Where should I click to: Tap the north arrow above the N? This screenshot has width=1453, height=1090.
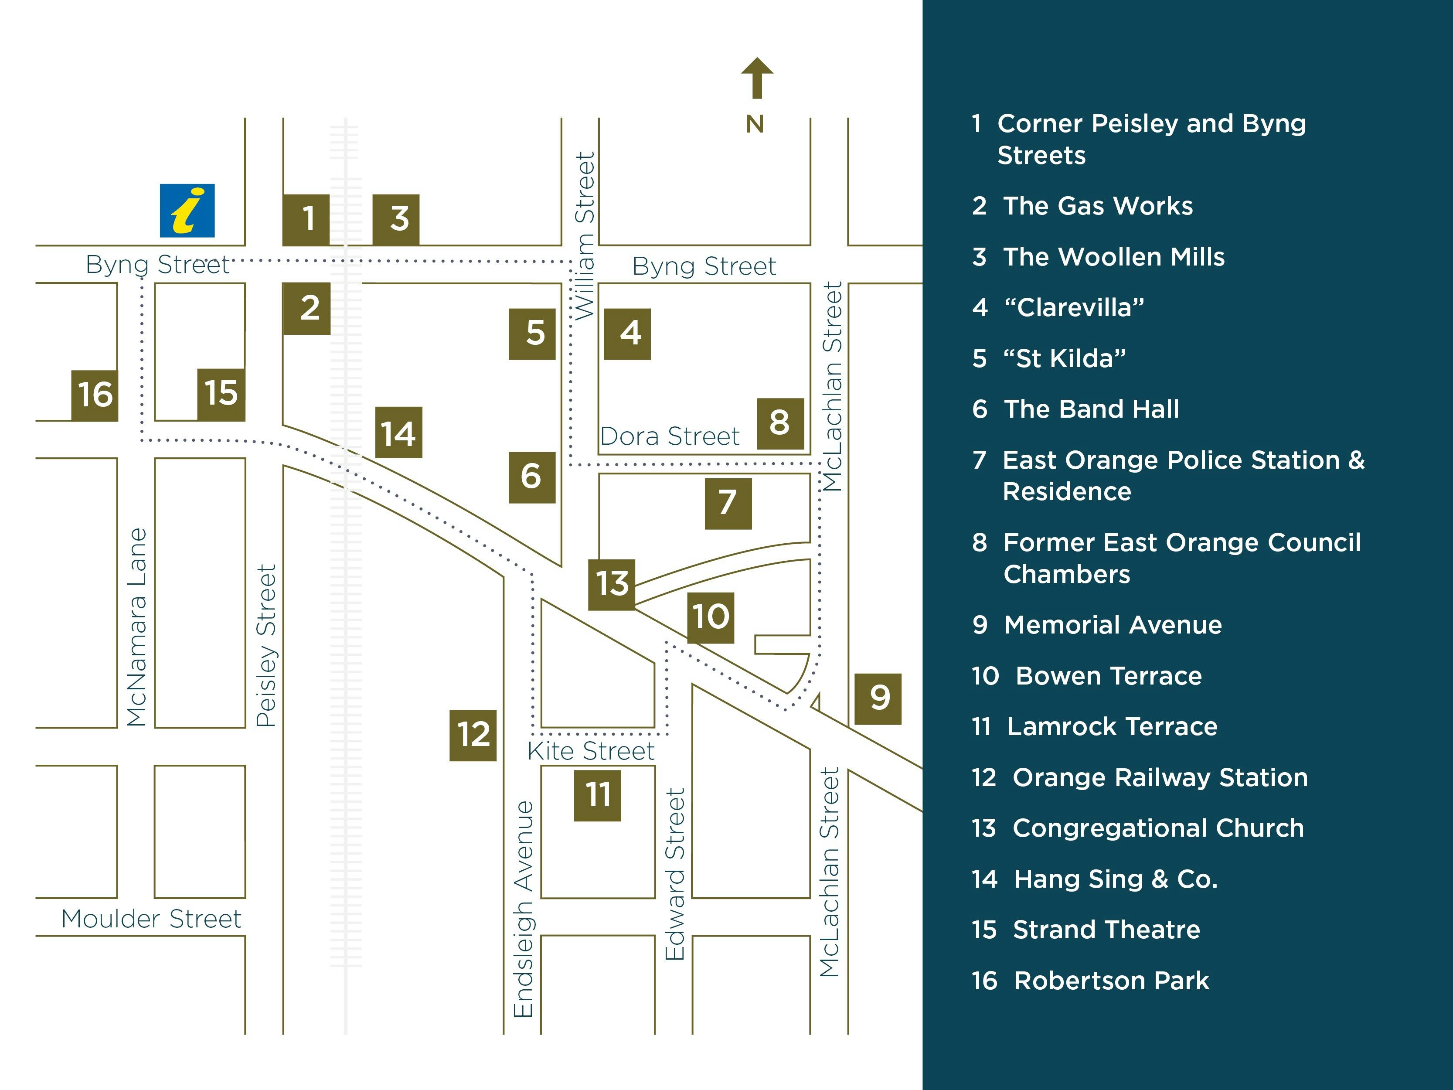click(x=757, y=78)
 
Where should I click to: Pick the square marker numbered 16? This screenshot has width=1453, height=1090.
click(x=95, y=395)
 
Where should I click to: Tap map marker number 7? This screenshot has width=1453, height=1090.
click(x=728, y=503)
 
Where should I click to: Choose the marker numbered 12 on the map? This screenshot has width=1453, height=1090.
click(x=473, y=735)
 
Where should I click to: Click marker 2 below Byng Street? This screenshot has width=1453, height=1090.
click(x=307, y=309)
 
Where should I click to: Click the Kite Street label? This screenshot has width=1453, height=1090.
click(x=591, y=751)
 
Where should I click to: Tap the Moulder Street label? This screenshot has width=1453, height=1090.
click(x=151, y=919)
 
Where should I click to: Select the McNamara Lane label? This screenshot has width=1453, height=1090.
click(x=136, y=627)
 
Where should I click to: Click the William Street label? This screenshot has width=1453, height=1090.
click(x=585, y=236)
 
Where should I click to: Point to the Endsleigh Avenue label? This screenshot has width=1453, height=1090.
click(x=524, y=909)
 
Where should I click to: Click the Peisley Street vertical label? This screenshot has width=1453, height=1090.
click(x=266, y=645)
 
